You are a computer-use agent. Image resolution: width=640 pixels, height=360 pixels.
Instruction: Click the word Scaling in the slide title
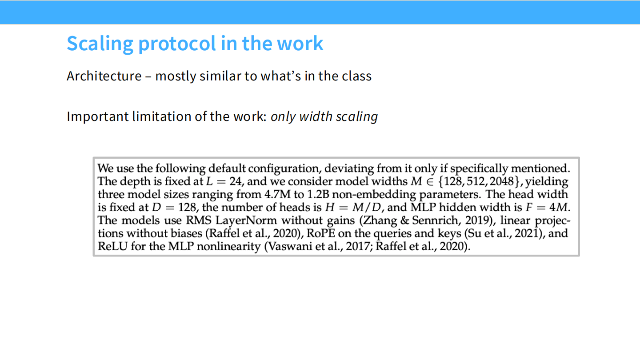click(x=100, y=44)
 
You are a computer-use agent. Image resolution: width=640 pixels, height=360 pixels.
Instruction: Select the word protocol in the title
click(x=177, y=44)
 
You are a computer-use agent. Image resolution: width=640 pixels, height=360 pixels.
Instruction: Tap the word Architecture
click(x=104, y=76)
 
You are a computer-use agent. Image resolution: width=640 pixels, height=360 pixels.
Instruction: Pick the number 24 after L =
click(x=236, y=181)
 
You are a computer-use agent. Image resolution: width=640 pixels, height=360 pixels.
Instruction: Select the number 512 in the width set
click(x=476, y=181)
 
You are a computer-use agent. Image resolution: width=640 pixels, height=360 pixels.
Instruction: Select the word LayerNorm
click(x=246, y=220)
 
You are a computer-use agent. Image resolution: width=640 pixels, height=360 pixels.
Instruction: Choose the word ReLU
click(x=112, y=246)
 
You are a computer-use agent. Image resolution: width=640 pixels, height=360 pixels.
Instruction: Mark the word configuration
click(x=283, y=169)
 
